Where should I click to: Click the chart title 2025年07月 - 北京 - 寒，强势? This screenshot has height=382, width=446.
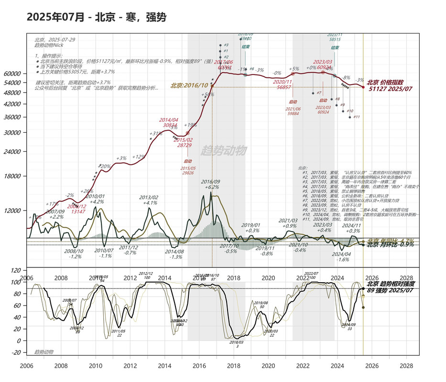[x=96, y=18]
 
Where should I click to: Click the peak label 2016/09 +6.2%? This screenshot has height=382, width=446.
[x=210, y=184]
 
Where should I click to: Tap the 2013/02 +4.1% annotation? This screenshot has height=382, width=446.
[x=149, y=200]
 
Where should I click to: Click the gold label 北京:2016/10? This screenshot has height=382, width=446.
[x=190, y=86]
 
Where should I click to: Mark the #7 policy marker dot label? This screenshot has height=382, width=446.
[x=318, y=93]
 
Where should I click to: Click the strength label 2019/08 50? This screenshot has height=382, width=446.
[x=261, y=305]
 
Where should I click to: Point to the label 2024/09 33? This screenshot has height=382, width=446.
[x=349, y=327]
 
